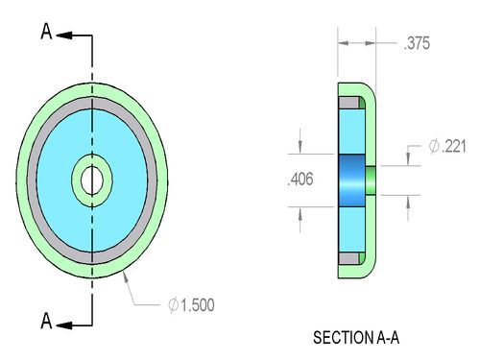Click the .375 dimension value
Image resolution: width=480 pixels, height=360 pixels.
click(417, 43)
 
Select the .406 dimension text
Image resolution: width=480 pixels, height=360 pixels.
click(300, 180)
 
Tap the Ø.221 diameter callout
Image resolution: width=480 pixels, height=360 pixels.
click(447, 146)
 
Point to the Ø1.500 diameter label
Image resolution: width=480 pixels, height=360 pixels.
click(191, 305)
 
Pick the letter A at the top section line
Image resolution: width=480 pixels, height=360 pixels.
click(46, 32)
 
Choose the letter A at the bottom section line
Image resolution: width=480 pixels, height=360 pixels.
click(46, 321)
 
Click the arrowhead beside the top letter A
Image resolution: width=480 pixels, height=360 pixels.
click(64, 36)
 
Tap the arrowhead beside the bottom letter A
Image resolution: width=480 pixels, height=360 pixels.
click(64, 325)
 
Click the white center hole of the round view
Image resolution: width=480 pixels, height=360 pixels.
click(92, 180)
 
